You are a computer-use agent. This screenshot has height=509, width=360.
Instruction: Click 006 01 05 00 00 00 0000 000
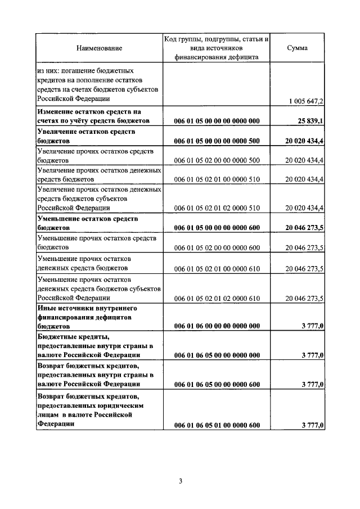click(x=217, y=121)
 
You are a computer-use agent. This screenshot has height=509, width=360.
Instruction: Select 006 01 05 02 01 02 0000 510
click(x=217, y=208)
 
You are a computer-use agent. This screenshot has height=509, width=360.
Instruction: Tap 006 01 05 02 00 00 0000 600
click(x=217, y=247)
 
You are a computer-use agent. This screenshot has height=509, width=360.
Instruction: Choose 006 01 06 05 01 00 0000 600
click(x=217, y=425)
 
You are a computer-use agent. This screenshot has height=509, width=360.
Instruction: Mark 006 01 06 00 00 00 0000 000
click(x=217, y=326)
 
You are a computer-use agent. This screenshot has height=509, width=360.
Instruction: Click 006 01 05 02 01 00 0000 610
click(x=217, y=269)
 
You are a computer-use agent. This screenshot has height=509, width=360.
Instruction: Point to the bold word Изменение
click(x=59, y=112)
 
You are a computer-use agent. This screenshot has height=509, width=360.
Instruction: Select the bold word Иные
click(x=46, y=308)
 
